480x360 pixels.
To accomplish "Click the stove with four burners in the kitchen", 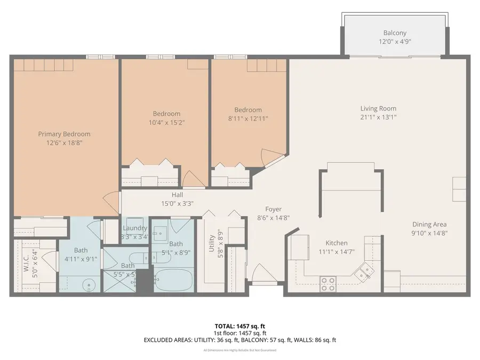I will coord(329,284).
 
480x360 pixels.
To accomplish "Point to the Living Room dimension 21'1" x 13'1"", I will coord(378,117).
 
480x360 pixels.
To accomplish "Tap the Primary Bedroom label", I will coord(64,134).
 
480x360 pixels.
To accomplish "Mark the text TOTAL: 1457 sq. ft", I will coord(239,325).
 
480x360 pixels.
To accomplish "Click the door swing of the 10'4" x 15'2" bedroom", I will coord(190,179).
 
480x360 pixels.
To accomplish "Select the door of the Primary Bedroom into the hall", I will coord(109,201).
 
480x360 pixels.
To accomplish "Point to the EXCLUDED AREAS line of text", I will coord(239,340).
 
